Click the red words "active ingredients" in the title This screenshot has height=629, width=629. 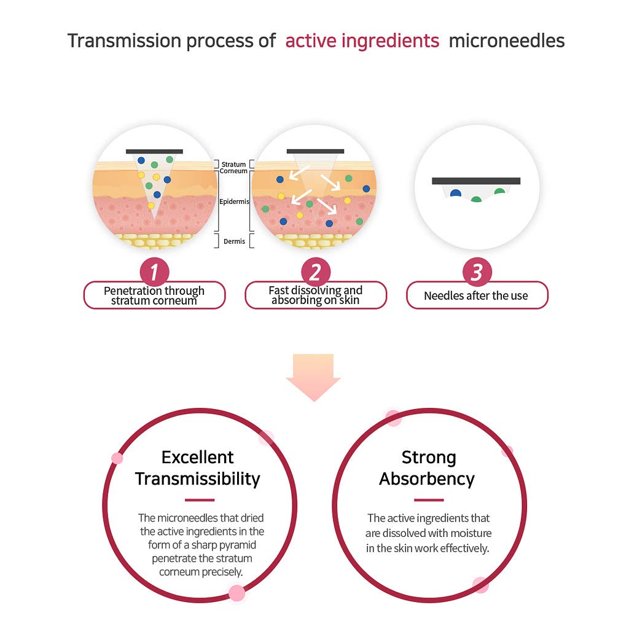pos(362,41)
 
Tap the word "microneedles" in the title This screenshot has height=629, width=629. pos(507,41)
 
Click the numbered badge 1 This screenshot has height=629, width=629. pos(154,272)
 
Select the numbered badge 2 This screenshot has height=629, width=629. pos(316,272)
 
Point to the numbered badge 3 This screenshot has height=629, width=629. pos(477,272)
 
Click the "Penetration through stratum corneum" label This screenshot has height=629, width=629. pos(154,295)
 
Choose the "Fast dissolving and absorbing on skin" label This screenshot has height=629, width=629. pos(316,295)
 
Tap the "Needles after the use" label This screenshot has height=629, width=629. pos(477,295)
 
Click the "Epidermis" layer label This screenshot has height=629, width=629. pos(234,201)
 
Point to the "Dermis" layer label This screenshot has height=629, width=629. pos(234,241)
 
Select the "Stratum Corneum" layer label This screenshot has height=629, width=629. pos(233,168)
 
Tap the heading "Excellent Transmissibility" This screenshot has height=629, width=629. pos(198,468)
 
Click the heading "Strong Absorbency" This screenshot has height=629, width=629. pos(428,468)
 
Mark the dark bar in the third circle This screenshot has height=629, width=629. pos(476,181)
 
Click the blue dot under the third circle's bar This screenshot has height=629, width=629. pos(456,193)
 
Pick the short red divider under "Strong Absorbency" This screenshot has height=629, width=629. pos(429,500)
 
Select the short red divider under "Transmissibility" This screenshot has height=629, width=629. pos(200,500)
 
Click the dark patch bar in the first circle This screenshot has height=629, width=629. pos(154,152)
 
